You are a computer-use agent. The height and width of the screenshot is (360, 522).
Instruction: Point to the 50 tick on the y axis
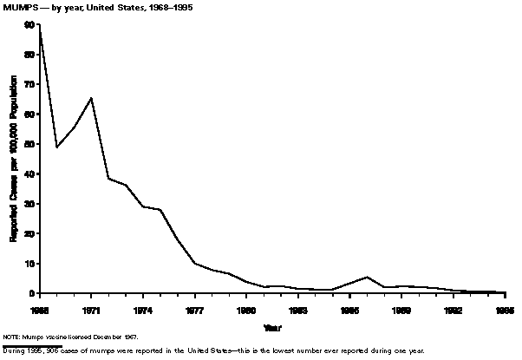coord(30,144)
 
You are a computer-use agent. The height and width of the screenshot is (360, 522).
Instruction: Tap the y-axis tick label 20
coord(30,233)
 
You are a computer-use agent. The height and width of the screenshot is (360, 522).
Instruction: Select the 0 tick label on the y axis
coord(32,293)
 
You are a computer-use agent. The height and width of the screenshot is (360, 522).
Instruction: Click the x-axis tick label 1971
coord(91,308)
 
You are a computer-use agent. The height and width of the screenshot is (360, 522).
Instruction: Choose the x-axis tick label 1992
coord(453,308)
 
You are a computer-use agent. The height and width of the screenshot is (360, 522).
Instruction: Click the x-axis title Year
coord(272,328)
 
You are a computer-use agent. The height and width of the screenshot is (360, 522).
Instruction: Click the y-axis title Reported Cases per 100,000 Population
coord(13,160)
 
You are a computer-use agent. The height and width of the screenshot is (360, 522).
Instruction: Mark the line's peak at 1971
coord(91,98)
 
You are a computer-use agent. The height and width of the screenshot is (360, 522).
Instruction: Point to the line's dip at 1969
coord(56,147)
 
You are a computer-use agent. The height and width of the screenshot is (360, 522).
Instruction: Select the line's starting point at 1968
coord(40,29)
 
